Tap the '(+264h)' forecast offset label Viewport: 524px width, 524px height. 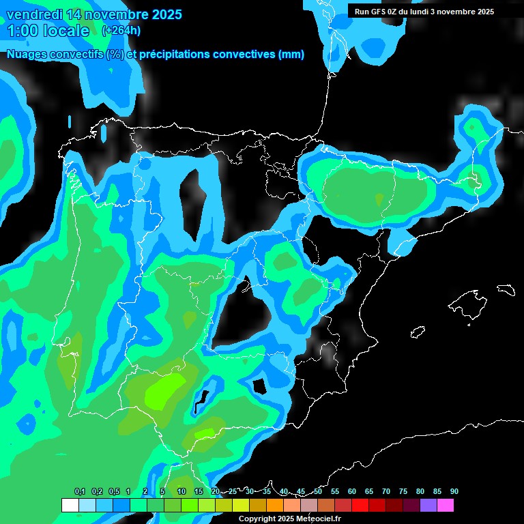pos(121,30)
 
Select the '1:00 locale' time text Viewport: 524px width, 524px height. pos(48,31)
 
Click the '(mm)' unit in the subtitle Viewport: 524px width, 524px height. pos(291,55)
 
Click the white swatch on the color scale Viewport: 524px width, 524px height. pos(70,505)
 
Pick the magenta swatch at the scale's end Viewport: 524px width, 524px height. pos(446,505)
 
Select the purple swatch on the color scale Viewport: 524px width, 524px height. pos(428,505)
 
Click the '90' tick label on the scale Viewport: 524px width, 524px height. pos(454,492)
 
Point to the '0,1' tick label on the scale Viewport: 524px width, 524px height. pos(80,492)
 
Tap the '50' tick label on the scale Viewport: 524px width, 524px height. pos(318,492)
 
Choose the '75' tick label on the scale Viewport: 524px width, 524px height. pos(403,492)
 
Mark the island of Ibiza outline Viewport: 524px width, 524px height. pos(417,332)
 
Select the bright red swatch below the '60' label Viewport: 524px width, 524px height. pos(360,505)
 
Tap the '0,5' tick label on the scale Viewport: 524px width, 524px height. pos(113,492)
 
